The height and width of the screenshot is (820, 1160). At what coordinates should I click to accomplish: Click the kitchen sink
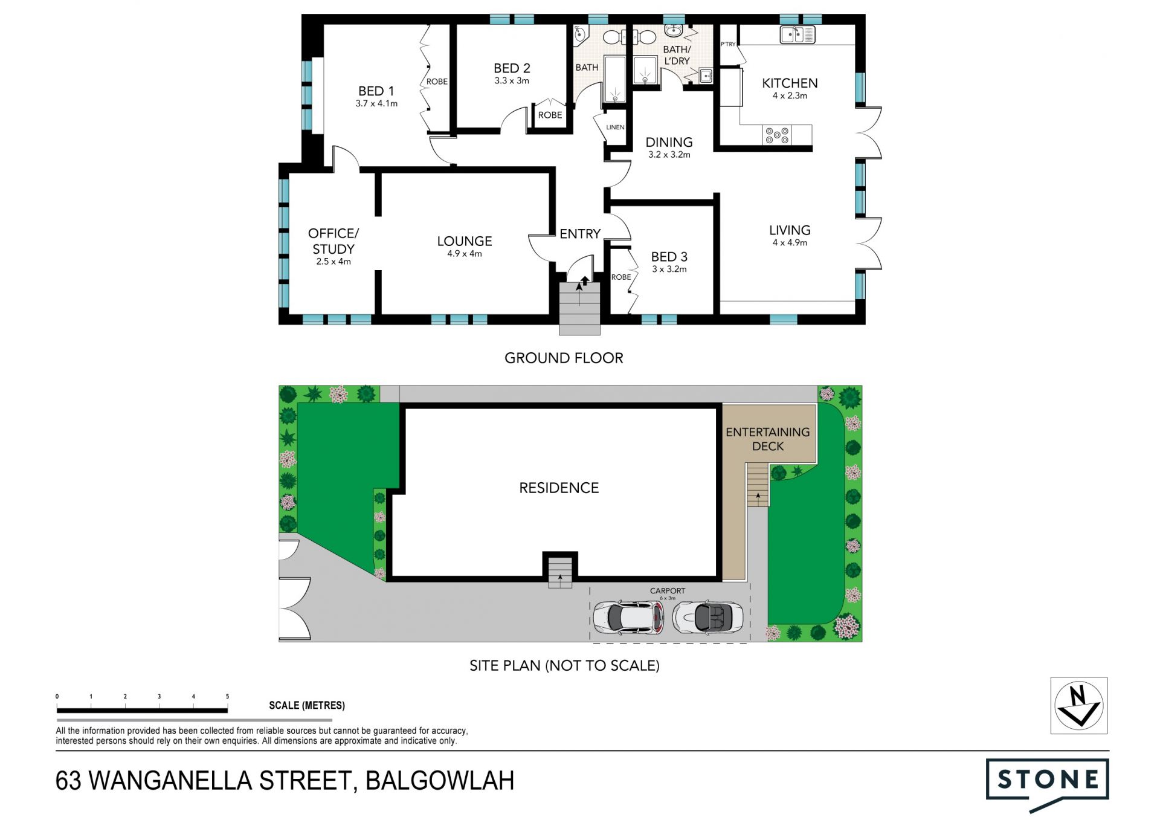797,34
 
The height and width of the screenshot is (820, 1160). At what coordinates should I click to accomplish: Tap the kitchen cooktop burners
777,135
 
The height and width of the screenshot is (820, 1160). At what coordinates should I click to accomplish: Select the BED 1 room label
376,91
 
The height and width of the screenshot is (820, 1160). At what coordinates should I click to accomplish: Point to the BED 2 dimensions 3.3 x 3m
512,81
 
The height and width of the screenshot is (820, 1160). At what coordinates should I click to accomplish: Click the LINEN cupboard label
615,128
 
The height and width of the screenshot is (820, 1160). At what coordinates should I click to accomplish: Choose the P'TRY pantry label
728,44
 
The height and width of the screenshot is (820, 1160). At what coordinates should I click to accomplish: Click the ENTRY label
580,234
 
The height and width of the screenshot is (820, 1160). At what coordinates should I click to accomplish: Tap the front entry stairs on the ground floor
579,308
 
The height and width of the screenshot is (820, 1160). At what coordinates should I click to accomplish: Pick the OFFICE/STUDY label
333,241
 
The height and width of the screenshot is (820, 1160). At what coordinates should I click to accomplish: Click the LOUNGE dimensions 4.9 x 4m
465,254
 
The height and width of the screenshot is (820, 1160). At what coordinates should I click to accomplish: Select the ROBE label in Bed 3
621,277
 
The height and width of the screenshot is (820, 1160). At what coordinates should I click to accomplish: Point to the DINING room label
669,142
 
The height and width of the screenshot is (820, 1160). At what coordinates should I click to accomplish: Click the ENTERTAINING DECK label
768,439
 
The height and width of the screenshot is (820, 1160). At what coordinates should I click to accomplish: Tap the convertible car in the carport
707,617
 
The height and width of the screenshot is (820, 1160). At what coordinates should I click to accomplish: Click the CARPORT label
668,591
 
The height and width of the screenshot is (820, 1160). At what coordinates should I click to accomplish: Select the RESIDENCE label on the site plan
559,488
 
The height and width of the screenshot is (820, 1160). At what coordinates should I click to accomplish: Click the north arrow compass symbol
1079,706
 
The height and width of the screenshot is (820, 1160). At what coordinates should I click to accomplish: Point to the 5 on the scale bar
227,697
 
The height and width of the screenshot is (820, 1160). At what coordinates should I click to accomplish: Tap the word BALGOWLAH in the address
440,781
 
